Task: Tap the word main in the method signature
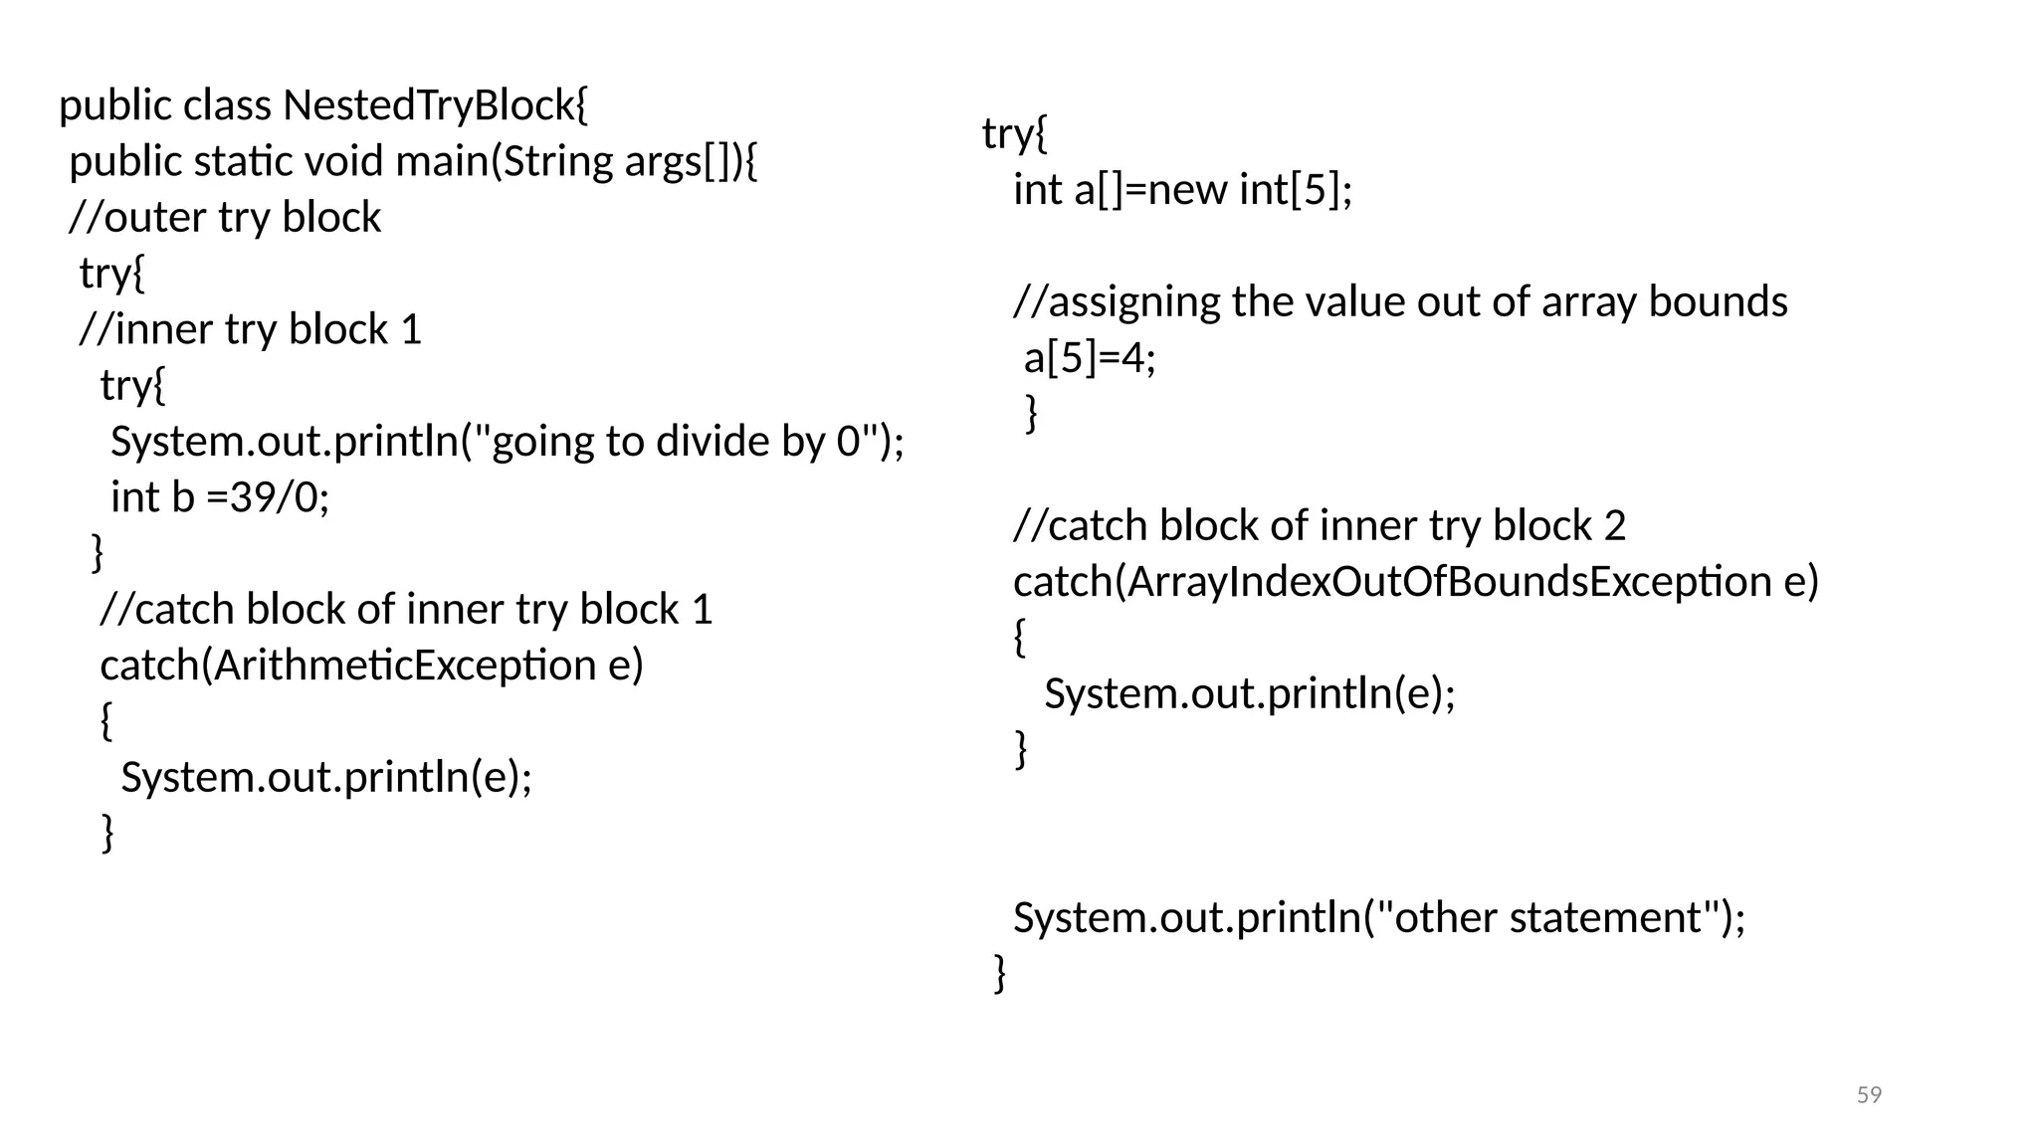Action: (x=443, y=161)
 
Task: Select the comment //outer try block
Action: (x=225, y=218)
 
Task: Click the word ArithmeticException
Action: (x=404, y=666)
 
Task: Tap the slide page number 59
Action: (x=1869, y=1095)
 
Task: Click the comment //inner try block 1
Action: (x=251, y=329)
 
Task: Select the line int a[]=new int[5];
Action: (x=1183, y=190)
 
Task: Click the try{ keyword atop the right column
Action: (x=1014, y=133)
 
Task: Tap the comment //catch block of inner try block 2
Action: (x=1320, y=526)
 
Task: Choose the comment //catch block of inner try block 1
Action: (x=406, y=610)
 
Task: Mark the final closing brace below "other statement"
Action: (x=1000, y=972)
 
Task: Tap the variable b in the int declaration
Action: (x=183, y=497)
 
